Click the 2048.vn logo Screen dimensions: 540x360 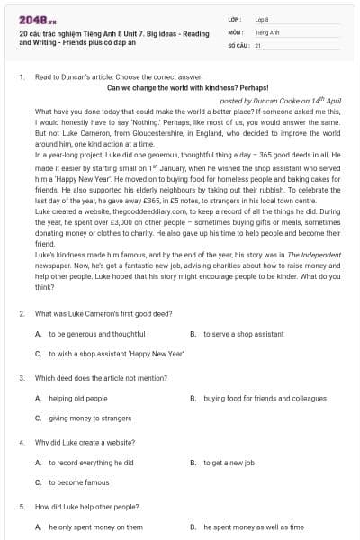click(32, 19)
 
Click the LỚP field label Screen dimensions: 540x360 click(235, 19)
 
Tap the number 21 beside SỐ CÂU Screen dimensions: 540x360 click(258, 44)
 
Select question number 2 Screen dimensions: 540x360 click(21, 314)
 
